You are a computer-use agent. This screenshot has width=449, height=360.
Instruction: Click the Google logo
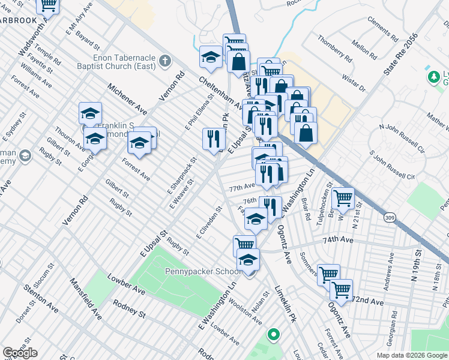pyautogui.click(x=20, y=353)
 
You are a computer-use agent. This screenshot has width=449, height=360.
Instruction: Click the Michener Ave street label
pyautogui.click(x=127, y=99)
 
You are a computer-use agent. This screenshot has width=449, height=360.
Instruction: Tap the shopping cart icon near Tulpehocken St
pyautogui.click(x=342, y=197)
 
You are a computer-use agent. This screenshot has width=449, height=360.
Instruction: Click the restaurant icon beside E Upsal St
pyautogui.click(x=213, y=139)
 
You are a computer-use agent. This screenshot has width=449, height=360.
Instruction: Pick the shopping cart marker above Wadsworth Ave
pyautogui.click(x=48, y=4)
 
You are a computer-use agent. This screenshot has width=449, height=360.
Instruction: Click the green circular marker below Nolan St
pyautogui.click(x=274, y=334)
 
